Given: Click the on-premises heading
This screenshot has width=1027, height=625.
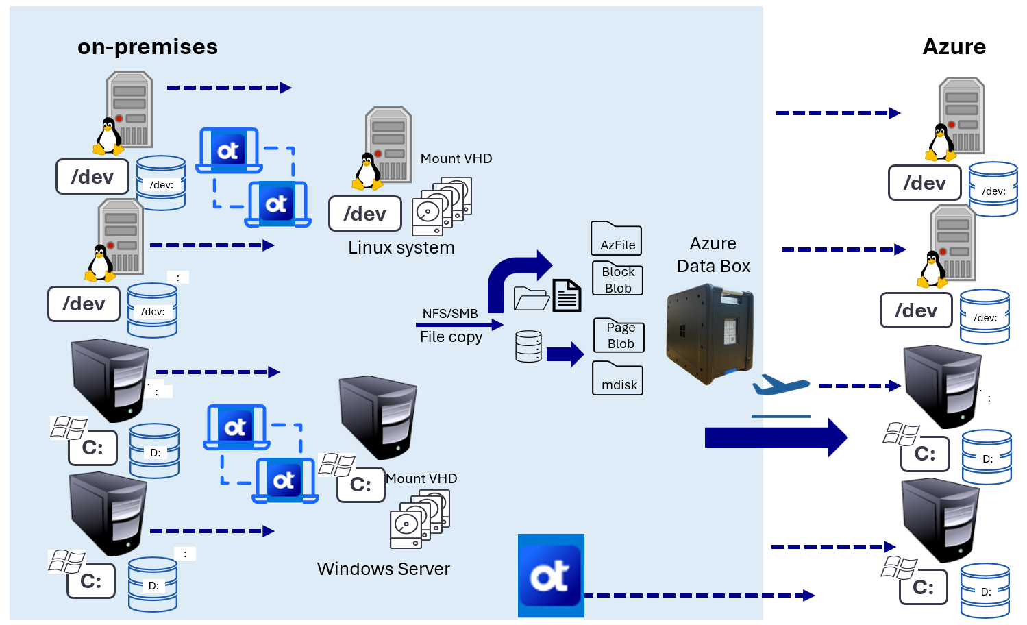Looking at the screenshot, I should [x=147, y=47].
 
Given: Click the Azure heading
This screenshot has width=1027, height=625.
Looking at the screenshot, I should [x=954, y=47].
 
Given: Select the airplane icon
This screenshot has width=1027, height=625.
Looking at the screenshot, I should [x=780, y=384].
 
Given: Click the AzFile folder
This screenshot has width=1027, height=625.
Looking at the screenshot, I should [x=617, y=239].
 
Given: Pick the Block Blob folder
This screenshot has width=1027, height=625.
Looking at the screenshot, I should [x=617, y=279].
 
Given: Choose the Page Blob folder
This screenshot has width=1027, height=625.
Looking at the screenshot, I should [x=619, y=335].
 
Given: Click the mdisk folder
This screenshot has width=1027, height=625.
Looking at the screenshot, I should [x=618, y=379].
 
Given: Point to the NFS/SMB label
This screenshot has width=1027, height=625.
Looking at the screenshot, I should [x=450, y=314].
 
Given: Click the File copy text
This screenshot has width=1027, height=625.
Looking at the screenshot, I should [x=451, y=336].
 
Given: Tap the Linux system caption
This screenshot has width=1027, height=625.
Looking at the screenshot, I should [x=401, y=247].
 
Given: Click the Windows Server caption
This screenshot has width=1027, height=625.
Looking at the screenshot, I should [x=383, y=569].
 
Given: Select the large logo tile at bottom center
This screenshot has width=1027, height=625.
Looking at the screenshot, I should [x=551, y=576].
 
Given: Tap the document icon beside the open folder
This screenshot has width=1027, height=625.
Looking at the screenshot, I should [x=567, y=295].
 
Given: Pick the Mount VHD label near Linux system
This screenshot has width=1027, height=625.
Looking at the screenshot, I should [x=456, y=158].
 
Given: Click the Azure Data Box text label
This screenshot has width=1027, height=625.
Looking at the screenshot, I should [x=713, y=255].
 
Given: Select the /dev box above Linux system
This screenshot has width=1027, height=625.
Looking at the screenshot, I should [x=364, y=214].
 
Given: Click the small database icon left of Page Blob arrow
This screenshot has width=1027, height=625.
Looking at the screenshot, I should [x=528, y=346].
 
